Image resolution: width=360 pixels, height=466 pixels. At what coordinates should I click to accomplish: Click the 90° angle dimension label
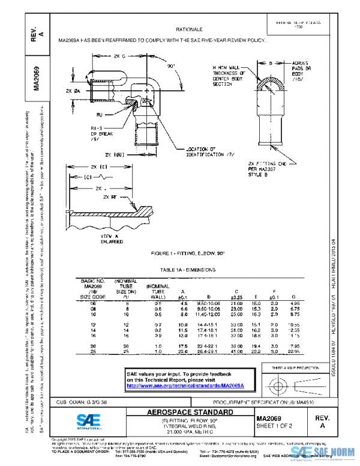[170, 65]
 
